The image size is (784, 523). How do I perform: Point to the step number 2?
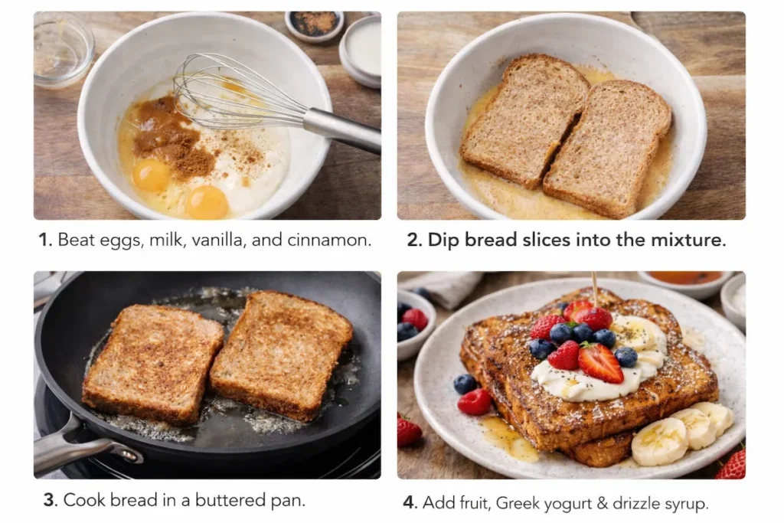tap(413, 240)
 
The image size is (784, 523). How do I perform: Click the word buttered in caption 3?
tap(225, 501)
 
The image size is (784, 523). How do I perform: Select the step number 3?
tap(50, 501)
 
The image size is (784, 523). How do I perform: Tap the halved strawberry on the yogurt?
tap(600, 361)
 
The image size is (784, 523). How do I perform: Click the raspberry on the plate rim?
tap(475, 401)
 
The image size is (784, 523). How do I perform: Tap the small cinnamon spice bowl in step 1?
tap(315, 25)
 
